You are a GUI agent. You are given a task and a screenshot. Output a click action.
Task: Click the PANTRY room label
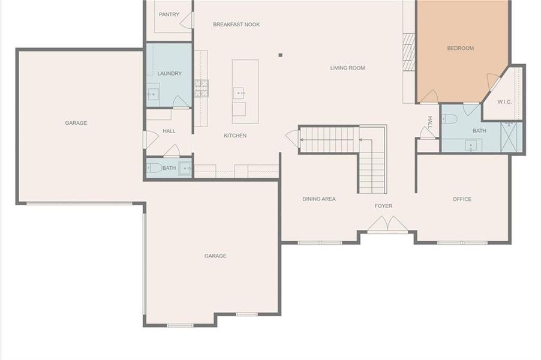[x=169, y=14]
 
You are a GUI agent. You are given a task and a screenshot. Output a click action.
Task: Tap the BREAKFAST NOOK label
[x=236, y=25]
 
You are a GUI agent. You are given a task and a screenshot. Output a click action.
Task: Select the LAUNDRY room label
[x=169, y=74]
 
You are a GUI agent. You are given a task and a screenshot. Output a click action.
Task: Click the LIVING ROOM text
[x=347, y=68]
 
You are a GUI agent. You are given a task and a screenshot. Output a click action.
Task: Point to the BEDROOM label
[x=460, y=49]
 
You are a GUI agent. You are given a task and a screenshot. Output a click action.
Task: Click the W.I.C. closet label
[x=504, y=101]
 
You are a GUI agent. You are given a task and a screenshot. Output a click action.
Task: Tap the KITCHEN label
[x=235, y=136]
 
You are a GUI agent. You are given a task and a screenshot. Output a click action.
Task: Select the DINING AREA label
[x=318, y=199]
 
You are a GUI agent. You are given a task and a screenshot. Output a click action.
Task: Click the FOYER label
[x=383, y=206]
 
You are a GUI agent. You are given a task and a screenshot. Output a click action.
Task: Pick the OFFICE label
[x=462, y=199]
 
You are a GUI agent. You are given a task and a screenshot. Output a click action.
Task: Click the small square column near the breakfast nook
[x=280, y=55]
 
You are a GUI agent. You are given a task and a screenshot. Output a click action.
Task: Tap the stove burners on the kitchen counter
[x=201, y=88]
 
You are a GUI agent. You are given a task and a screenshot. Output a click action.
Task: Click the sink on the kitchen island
[x=239, y=93]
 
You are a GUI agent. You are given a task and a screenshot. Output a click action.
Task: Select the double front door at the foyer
[x=387, y=224]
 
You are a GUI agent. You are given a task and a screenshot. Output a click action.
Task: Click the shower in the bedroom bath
[x=512, y=137]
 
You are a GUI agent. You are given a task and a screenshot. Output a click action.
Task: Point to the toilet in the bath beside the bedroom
[x=450, y=118]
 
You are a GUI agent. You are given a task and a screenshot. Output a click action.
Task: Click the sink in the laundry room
[x=154, y=94]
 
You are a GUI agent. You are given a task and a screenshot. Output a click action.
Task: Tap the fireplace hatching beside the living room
[x=408, y=52]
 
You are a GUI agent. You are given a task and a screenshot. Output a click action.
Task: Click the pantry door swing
[x=187, y=20]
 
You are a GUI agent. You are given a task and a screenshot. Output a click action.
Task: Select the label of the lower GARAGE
[x=215, y=256]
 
